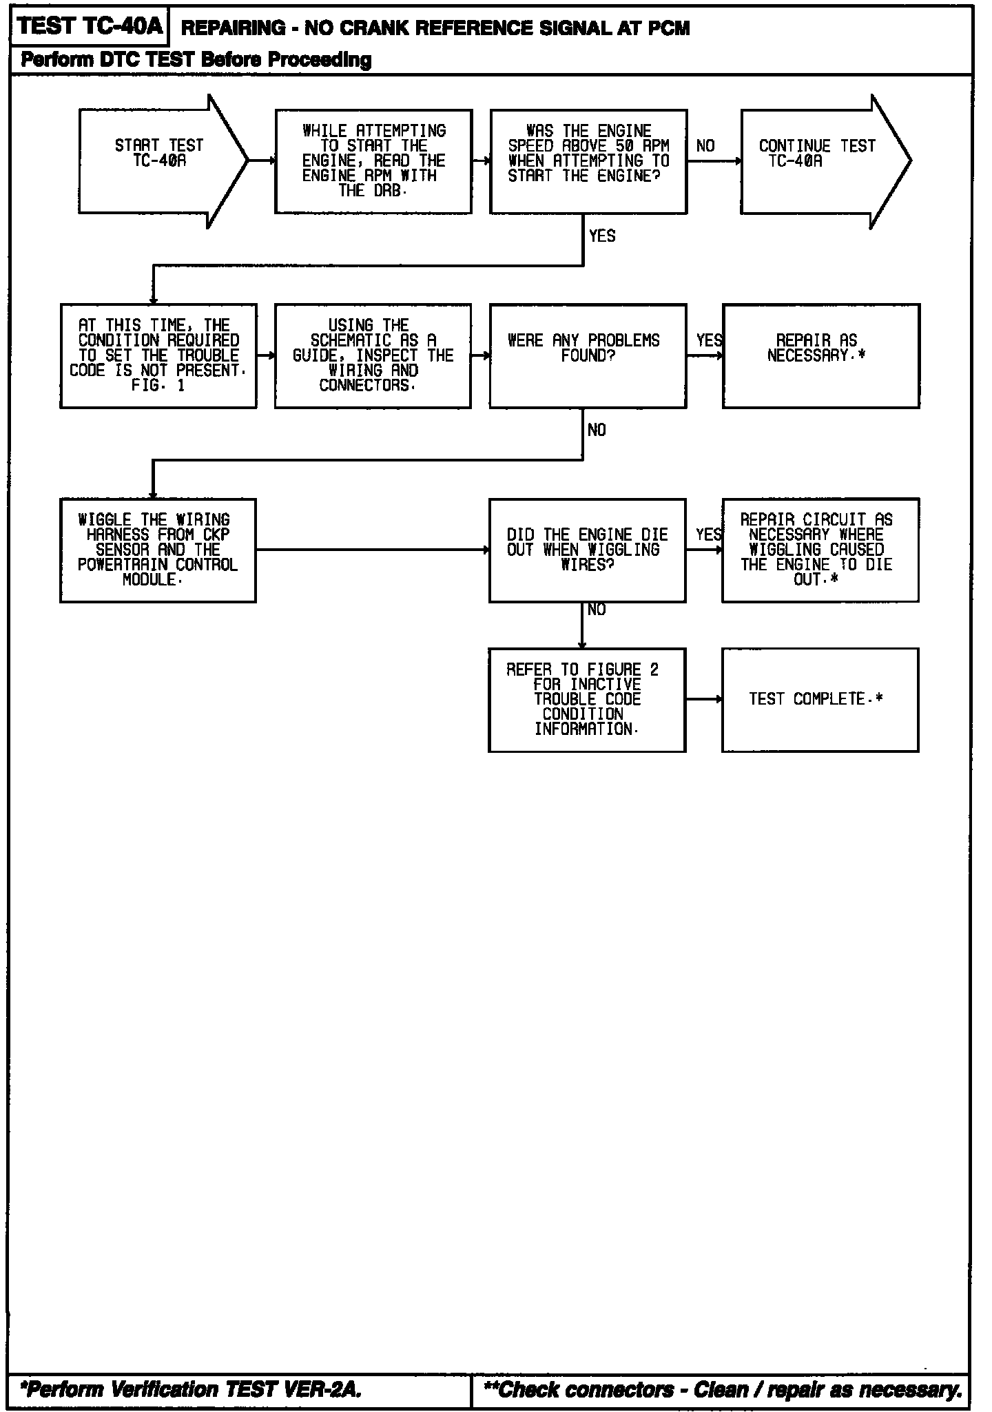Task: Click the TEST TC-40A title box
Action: (89, 27)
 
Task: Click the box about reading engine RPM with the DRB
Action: (373, 161)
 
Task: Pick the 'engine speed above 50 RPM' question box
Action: (588, 161)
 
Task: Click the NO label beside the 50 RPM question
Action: (705, 146)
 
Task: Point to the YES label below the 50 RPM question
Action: (602, 236)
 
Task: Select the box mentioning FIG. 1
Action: (158, 356)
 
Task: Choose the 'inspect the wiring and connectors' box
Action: (373, 356)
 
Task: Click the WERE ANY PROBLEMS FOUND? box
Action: (588, 356)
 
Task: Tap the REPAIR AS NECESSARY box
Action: (820, 356)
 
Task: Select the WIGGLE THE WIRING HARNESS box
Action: (158, 550)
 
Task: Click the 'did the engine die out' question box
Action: (587, 550)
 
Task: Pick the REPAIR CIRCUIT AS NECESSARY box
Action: (820, 550)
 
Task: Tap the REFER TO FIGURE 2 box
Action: (587, 700)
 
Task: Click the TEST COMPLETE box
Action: (820, 700)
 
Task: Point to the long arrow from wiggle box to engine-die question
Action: (372, 550)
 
